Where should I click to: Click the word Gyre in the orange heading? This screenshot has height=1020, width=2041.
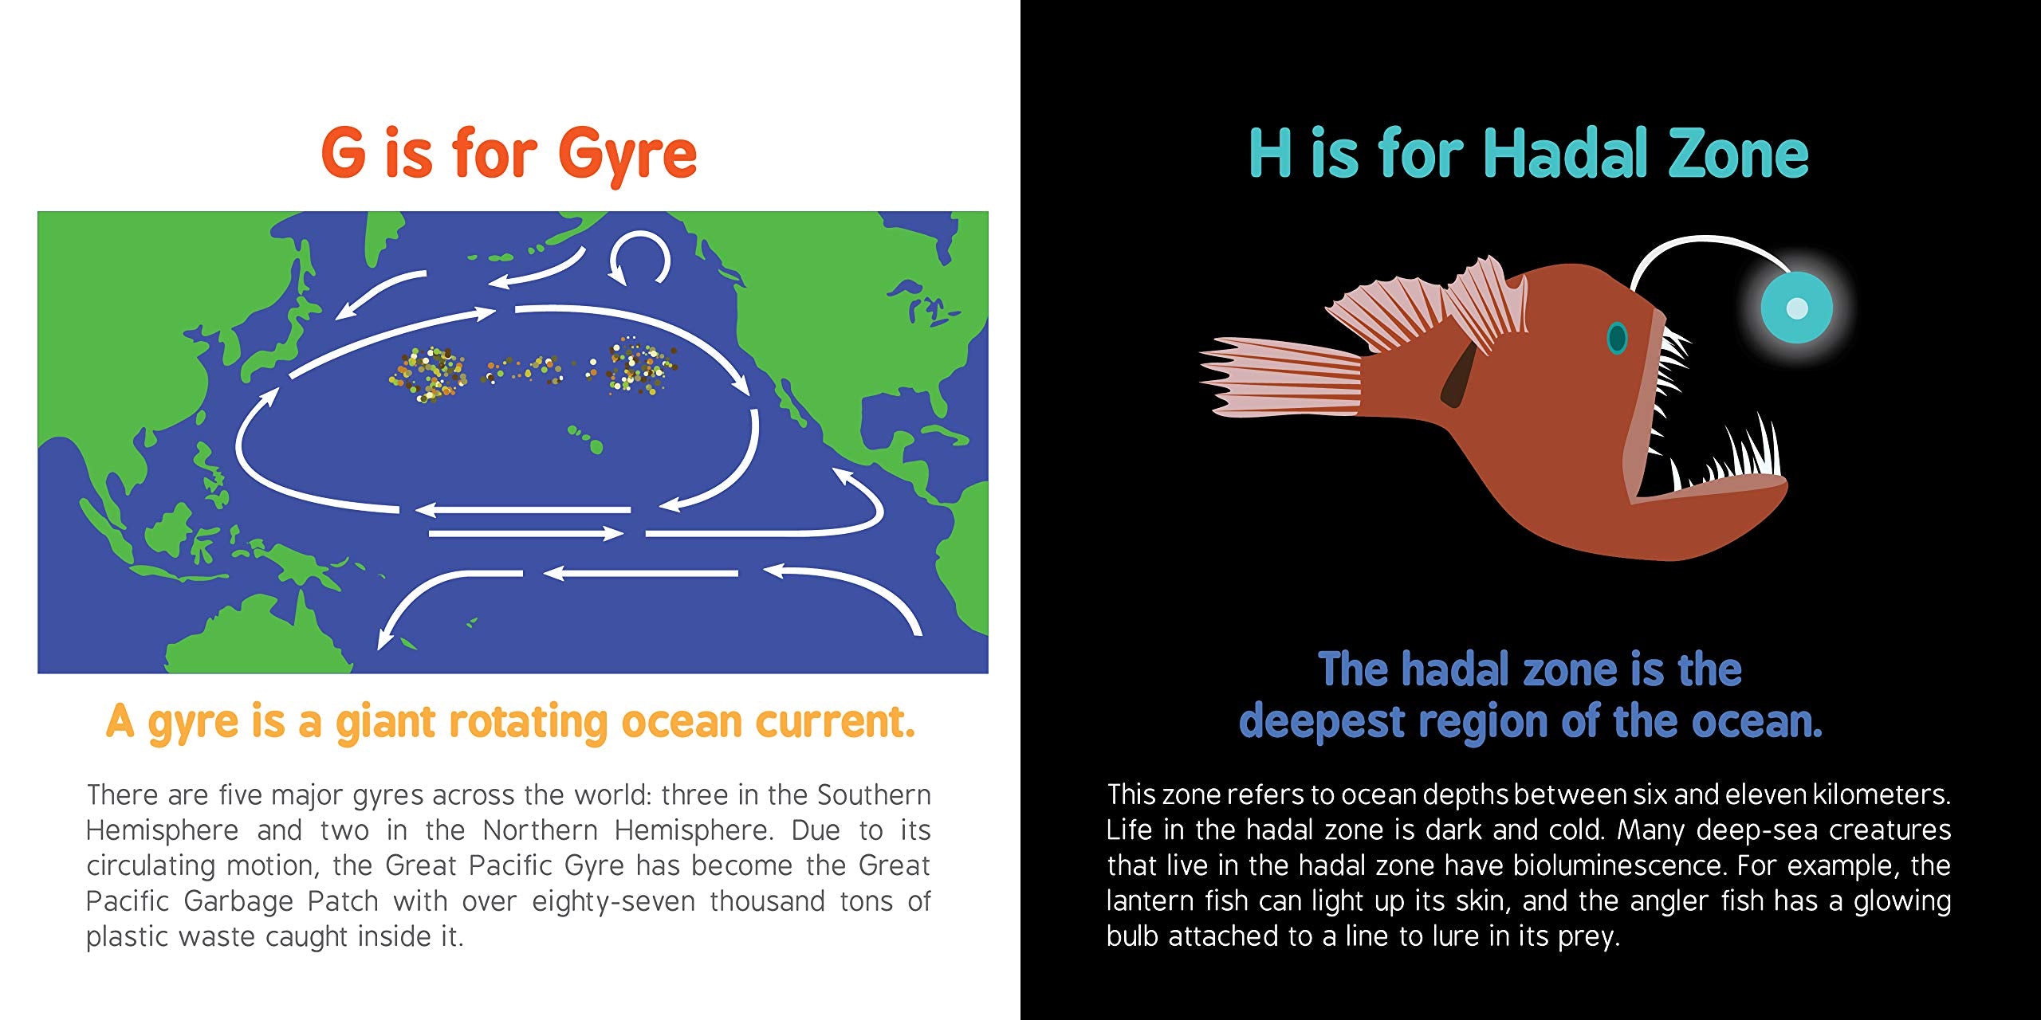pyautogui.click(x=627, y=156)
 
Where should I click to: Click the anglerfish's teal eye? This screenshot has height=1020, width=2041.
pyautogui.click(x=1617, y=337)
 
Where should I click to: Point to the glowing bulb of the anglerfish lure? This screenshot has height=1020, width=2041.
pyautogui.click(x=1796, y=307)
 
